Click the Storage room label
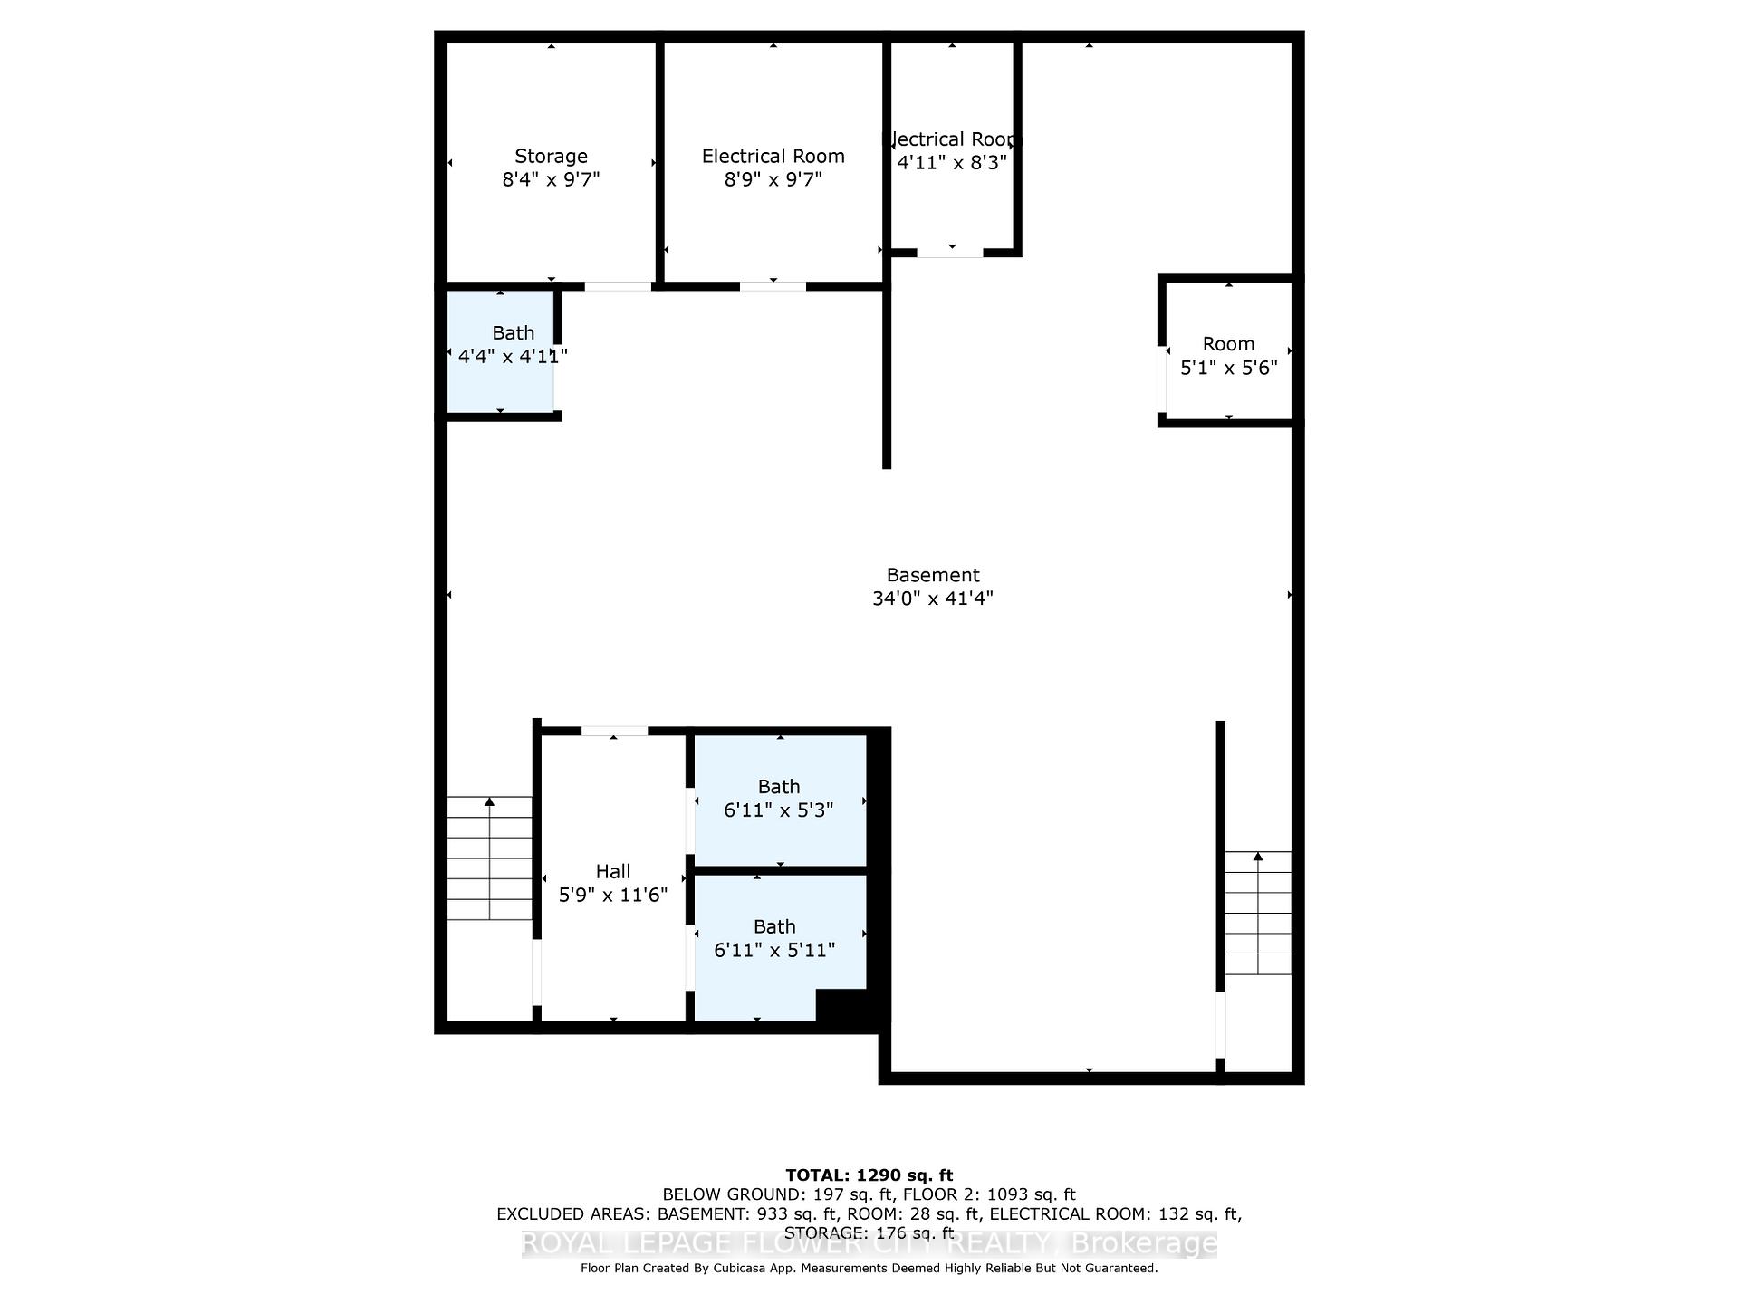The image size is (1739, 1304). point(551,156)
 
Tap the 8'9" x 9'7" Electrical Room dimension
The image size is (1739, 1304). point(773,179)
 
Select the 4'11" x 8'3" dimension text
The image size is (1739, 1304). point(952,163)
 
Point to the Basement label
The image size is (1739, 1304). point(932,575)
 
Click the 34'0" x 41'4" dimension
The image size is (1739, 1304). point(932,599)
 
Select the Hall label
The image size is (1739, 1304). point(612,871)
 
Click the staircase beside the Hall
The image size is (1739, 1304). point(489,858)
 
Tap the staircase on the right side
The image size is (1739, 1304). point(1257,913)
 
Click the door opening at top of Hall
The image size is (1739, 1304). point(614,731)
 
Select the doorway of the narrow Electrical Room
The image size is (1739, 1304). point(949,253)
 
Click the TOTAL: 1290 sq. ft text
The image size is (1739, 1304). point(869,1175)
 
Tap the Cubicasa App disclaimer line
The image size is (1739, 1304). point(869,1269)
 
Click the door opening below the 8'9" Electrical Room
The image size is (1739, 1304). point(773,286)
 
